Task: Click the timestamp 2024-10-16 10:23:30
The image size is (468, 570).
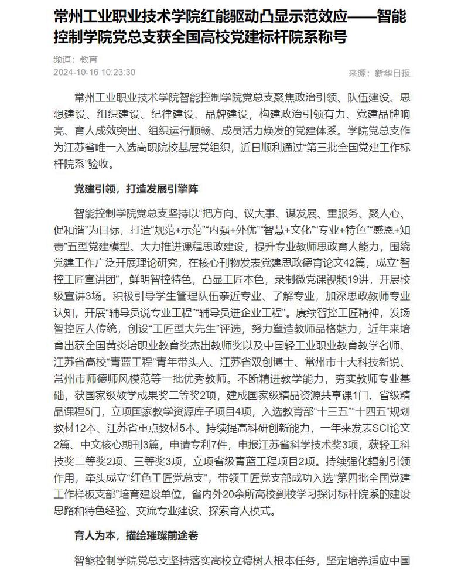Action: pos(94,73)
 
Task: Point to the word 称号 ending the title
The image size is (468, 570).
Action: pos(332,36)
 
